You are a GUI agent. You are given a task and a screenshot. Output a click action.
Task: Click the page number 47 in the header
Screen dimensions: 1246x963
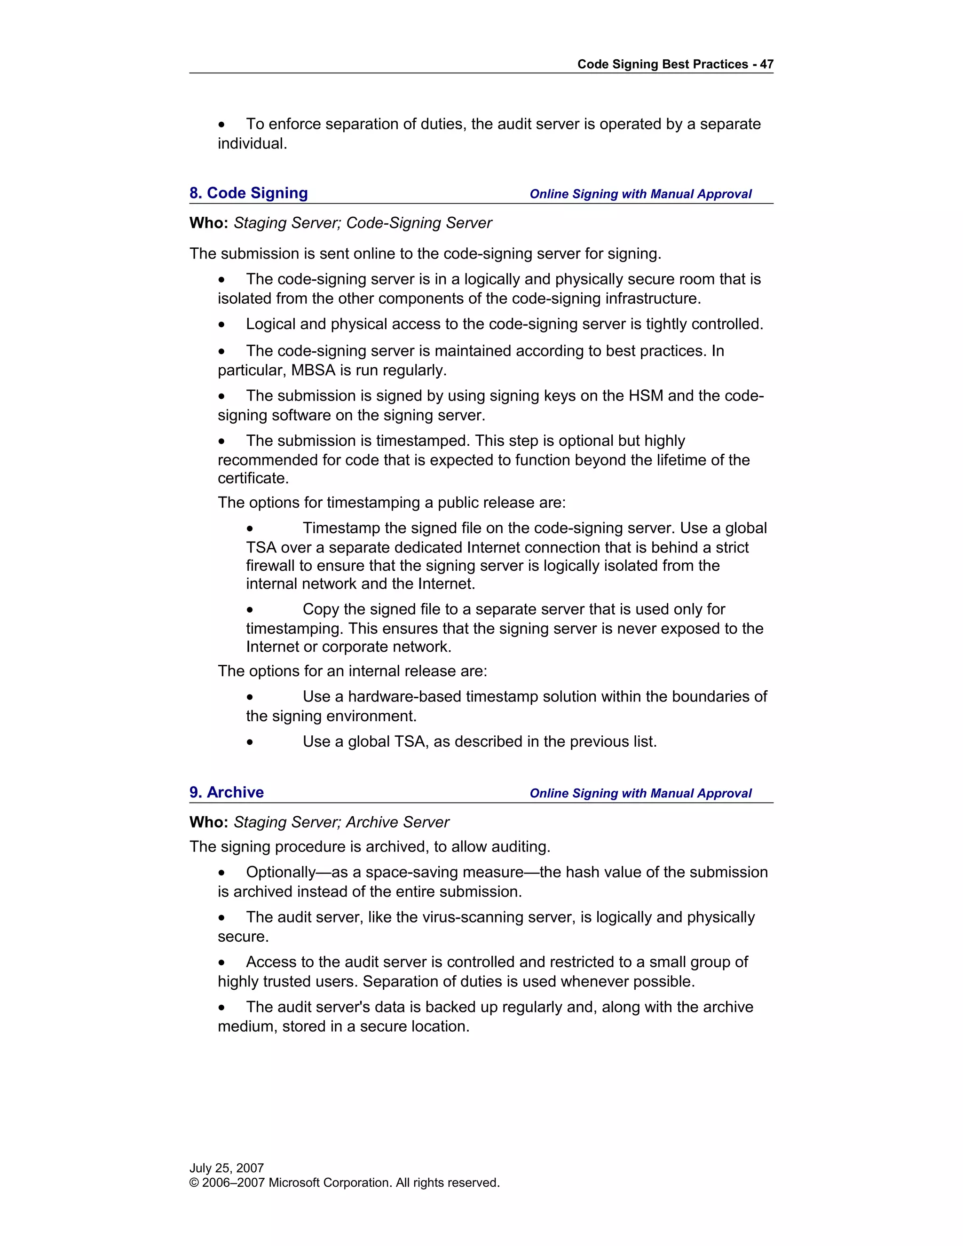[766, 64]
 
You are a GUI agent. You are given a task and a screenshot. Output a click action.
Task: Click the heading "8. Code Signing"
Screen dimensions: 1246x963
[248, 193]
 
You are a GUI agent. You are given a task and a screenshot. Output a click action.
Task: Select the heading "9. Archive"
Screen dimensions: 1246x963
[227, 792]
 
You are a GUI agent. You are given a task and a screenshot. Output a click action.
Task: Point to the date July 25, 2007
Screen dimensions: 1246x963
[227, 1168]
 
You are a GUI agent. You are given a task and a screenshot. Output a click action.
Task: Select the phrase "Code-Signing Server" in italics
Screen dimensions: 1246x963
[419, 223]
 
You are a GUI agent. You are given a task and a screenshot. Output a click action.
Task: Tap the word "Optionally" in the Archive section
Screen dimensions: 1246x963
[281, 872]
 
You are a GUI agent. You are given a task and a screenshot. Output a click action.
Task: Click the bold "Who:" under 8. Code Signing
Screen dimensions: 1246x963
[209, 223]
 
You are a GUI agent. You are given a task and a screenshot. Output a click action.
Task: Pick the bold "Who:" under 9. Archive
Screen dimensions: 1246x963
[209, 822]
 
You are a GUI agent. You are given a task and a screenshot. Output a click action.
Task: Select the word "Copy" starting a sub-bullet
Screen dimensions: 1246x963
[321, 609]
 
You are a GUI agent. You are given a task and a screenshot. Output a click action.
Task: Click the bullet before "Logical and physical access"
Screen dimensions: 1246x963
[222, 324]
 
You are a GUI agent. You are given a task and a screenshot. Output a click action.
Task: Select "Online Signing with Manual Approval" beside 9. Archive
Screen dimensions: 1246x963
[640, 793]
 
